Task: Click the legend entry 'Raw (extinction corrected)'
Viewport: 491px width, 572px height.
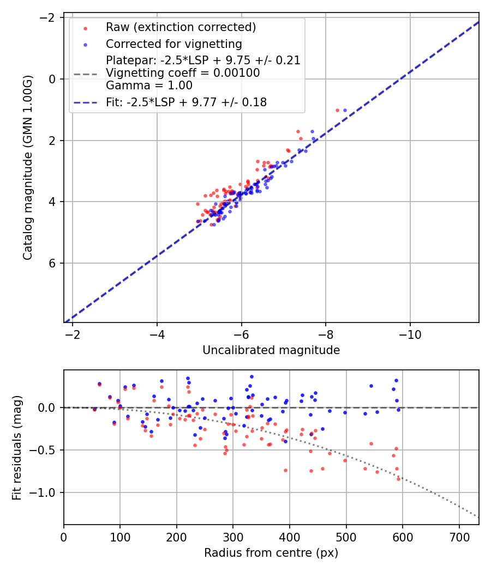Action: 181,27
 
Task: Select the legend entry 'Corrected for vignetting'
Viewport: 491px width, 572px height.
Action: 174,44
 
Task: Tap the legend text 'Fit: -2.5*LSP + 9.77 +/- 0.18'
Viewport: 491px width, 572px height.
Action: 186,102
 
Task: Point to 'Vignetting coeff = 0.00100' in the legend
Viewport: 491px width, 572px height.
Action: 183,73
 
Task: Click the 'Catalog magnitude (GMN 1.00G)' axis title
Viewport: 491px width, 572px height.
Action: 28,168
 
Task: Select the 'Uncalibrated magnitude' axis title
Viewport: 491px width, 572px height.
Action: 271,350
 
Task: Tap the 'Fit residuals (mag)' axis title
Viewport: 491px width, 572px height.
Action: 17,447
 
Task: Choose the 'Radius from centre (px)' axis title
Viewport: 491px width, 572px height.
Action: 271,553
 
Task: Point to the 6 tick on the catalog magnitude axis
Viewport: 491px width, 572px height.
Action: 53,263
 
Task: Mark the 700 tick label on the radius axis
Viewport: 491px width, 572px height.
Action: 459,537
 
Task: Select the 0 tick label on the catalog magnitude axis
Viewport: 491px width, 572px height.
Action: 53,79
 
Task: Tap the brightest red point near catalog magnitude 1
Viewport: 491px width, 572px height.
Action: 337,110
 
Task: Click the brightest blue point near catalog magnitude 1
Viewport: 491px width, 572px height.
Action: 345,111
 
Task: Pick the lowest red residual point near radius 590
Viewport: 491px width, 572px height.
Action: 398,479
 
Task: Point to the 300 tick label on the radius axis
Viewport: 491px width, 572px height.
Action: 233,537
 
